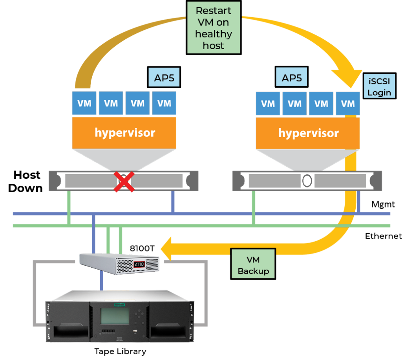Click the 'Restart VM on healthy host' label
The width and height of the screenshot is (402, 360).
213,28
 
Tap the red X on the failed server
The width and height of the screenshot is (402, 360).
124,182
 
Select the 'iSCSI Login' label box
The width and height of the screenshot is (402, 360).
379,86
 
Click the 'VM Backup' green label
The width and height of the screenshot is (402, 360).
253,265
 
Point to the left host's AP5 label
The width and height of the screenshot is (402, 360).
164,78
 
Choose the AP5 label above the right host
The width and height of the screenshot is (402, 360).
292,78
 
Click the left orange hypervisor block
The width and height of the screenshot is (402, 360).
124,132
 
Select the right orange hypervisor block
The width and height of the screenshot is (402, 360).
308,133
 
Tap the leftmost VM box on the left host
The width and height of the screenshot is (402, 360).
84,103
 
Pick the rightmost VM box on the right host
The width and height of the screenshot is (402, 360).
348,104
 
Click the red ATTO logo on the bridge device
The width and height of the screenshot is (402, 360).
139,264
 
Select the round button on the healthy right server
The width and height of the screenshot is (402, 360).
307,181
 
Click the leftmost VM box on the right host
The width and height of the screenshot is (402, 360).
268,104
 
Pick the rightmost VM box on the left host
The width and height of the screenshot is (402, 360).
164,103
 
